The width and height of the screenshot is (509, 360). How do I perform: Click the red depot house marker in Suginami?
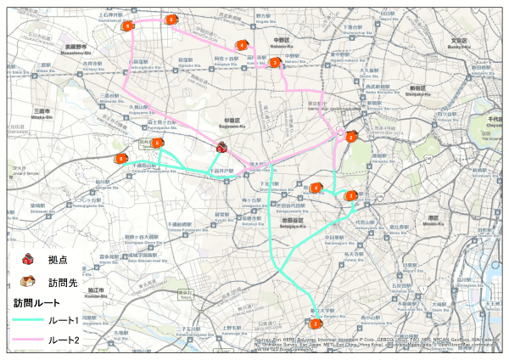222,147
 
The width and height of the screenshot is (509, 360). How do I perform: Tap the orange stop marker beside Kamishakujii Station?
171,19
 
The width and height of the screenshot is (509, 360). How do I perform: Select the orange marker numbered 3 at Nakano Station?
274,63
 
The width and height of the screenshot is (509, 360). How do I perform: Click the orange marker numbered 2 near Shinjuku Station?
350,136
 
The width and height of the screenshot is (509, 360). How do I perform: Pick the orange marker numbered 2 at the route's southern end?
316,323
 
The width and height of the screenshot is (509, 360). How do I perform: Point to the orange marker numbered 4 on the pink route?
242,45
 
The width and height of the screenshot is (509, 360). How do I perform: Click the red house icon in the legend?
27,258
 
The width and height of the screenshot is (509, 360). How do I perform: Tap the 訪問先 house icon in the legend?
27,281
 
